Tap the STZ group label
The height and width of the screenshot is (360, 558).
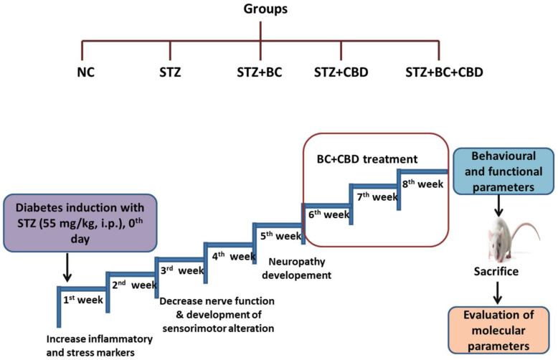170,72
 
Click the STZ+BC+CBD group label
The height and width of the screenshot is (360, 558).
445,72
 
